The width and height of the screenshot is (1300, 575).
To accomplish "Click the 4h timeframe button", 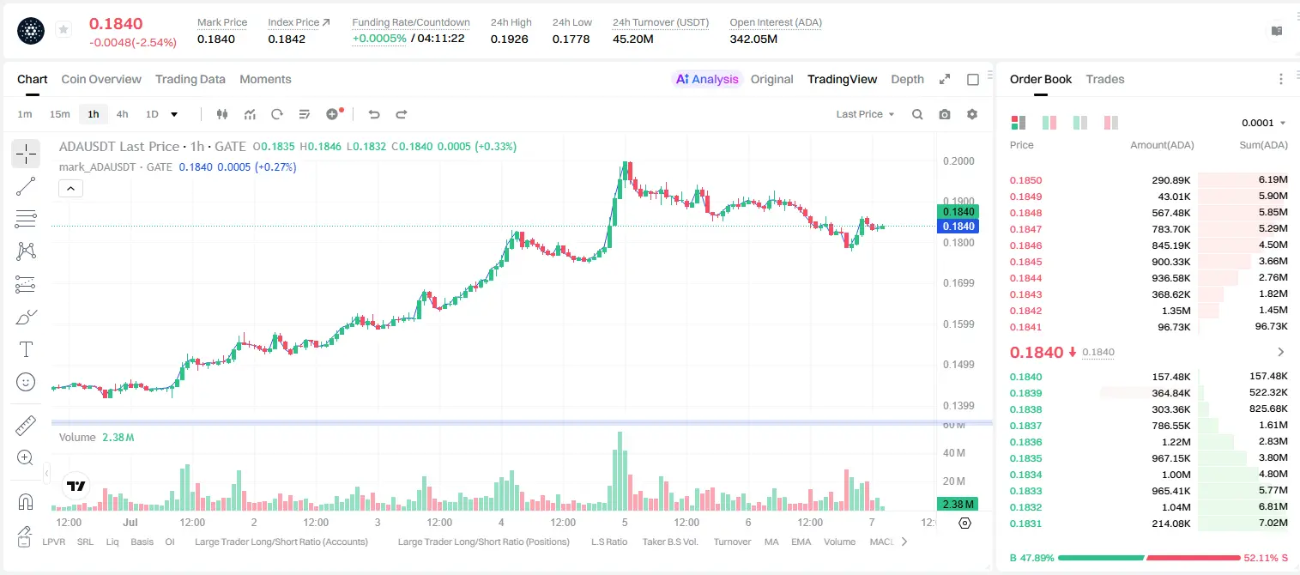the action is coord(122,114).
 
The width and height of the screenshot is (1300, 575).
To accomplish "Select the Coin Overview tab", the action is coord(101,79).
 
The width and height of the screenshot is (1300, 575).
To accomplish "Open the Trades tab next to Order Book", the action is coord(1104,79).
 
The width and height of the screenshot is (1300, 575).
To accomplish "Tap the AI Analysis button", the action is coord(707,79).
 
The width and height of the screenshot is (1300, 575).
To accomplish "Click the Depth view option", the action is coord(907,79).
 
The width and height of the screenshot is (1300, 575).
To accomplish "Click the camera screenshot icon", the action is coord(945,114).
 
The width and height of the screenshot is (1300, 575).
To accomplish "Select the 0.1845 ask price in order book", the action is coord(1025,262).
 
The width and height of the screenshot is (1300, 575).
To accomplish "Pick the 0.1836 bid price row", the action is coord(1025,442).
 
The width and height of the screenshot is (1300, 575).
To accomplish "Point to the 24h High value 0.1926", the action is coord(509,39).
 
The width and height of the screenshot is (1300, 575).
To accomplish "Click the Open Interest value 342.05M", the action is coord(753,39).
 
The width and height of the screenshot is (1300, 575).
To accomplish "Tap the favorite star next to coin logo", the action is coord(63,29).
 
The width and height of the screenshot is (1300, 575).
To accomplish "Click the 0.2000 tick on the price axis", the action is coord(958,161).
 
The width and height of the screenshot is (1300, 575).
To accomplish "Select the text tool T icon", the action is coord(26,349).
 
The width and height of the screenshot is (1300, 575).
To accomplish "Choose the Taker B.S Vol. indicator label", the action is coord(669,542).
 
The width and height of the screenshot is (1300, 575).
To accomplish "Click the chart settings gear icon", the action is coord(972,114).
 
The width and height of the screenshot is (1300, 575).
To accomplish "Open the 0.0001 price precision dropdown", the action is coord(1263,123).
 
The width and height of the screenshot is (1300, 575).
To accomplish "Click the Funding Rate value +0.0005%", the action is coord(379,39).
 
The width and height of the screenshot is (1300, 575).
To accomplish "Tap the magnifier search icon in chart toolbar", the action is coord(917,114).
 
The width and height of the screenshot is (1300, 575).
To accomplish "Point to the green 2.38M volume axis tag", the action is coord(958,505).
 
